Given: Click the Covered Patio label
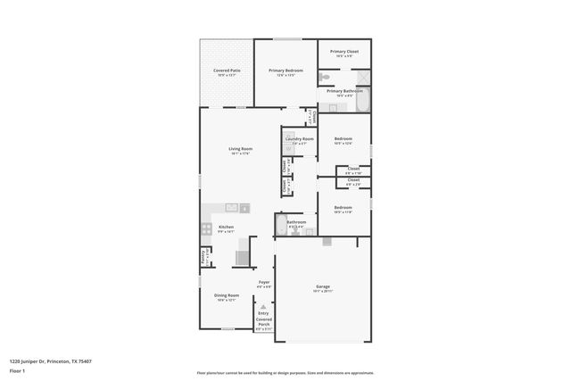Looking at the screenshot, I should pyautogui.click(x=227, y=70).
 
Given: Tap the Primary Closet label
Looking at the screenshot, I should pyautogui.click(x=344, y=52).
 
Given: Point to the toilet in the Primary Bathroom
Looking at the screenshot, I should pyautogui.click(x=325, y=80).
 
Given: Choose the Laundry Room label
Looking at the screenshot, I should pyautogui.click(x=299, y=139).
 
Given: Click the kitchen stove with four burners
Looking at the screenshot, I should pyautogui.click(x=206, y=227).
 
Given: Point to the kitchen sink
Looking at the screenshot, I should pyautogui.click(x=217, y=209).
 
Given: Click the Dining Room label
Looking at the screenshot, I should pyautogui.click(x=226, y=295).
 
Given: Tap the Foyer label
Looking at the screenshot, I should pyautogui.click(x=264, y=282).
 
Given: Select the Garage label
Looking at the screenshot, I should pyautogui.click(x=322, y=286).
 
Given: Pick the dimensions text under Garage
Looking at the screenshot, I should pyautogui.click(x=322, y=292).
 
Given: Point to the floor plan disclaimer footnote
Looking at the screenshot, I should pyautogui.click(x=285, y=373).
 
